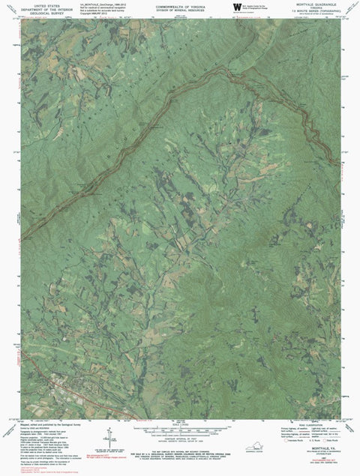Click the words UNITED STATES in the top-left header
click(x=39, y=4)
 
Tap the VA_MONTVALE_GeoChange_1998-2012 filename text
click(x=97, y=4)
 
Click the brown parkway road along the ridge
click(x=187, y=82)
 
